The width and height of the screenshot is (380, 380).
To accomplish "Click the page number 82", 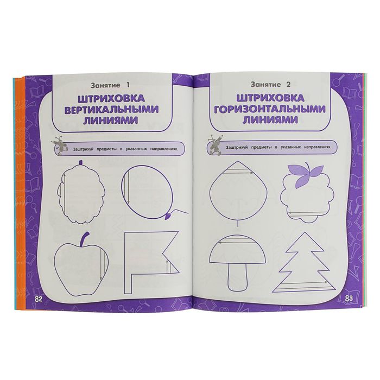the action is [39, 299].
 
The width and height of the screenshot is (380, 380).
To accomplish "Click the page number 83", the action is [349, 299].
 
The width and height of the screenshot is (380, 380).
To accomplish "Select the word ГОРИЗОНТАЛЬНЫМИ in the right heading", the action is [269, 109].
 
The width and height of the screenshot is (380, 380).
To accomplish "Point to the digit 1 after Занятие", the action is [128, 85].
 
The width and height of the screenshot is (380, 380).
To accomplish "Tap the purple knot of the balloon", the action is [168, 216].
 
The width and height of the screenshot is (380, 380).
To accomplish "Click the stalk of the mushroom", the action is [238, 277].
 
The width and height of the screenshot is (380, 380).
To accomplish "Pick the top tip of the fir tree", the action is [305, 232].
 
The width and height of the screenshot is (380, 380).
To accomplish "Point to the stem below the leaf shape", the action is [238, 224].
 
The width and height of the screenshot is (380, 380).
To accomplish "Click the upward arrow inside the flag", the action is [167, 267].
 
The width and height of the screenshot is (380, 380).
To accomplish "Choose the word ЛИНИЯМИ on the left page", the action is [111, 121].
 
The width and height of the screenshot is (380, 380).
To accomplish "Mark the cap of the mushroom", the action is [237, 249].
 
